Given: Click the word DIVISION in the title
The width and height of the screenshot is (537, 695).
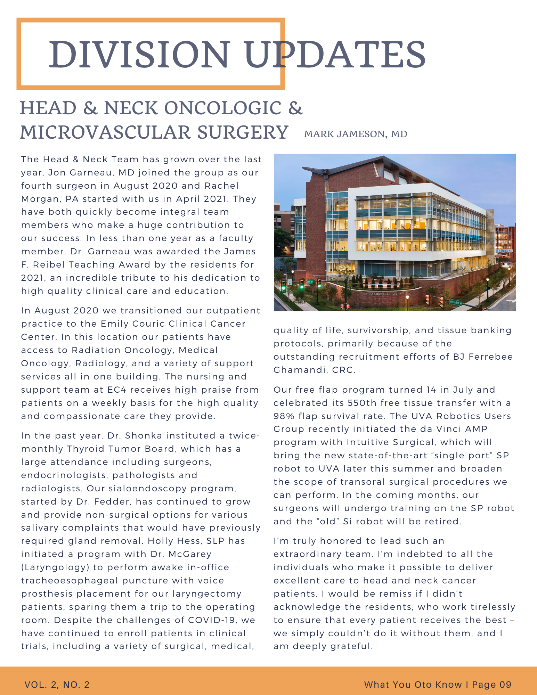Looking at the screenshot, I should [x=139, y=55].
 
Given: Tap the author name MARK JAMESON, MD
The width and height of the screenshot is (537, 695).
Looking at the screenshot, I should [x=355, y=134].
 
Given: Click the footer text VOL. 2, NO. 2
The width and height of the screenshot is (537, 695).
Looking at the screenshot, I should [x=57, y=685].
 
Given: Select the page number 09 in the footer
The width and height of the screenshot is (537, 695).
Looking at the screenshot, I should [x=505, y=685].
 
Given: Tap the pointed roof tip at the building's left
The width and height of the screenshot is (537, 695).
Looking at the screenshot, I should [x=304, y=169].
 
